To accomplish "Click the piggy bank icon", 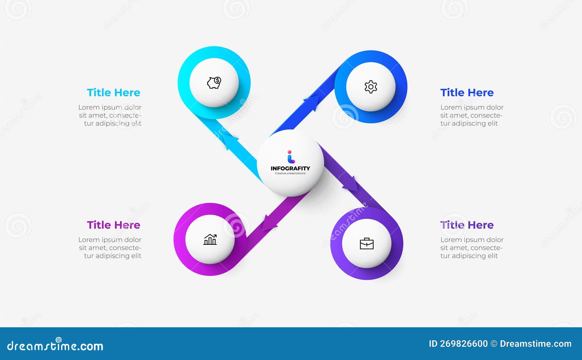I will [214, 83].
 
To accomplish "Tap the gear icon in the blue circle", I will [371, 87].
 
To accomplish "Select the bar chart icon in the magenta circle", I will [210, 239].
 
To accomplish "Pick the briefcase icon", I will [367, 243].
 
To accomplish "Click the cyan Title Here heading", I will [113, 93].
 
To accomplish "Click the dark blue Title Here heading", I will [467, 93].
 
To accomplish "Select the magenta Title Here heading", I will [113, 225].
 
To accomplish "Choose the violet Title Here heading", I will [467, 225].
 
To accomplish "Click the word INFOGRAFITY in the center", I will [290, 168].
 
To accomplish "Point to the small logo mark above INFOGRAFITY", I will [290, 157].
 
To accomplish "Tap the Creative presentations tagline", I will [290, 173].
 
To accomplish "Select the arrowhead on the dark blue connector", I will [313, 102].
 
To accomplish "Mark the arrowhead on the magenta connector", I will [268, 223].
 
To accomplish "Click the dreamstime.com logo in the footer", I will [55, 345].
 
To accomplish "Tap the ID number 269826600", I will [464, 344].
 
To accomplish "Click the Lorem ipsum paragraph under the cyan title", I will [110, 115].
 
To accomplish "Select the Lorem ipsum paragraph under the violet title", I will [472, 248].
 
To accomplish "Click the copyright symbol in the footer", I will [494, 344].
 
